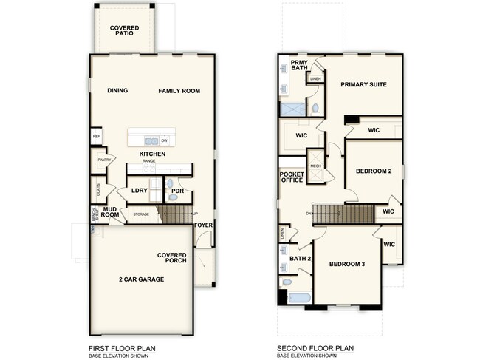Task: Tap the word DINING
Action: (x=117, y=91)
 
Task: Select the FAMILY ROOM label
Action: (x=179, y=91)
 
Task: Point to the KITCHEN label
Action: (x=152, y=154)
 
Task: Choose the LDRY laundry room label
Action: (x=140, y=191)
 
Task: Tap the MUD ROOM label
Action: (x=111, y=214)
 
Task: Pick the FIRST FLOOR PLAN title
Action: (x=122, y=347)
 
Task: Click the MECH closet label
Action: (x=316, y=166)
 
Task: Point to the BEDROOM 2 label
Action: (x=373, y=171)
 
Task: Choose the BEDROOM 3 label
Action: (x=347, y=264)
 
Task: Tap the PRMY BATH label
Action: (x=299, y=65)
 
